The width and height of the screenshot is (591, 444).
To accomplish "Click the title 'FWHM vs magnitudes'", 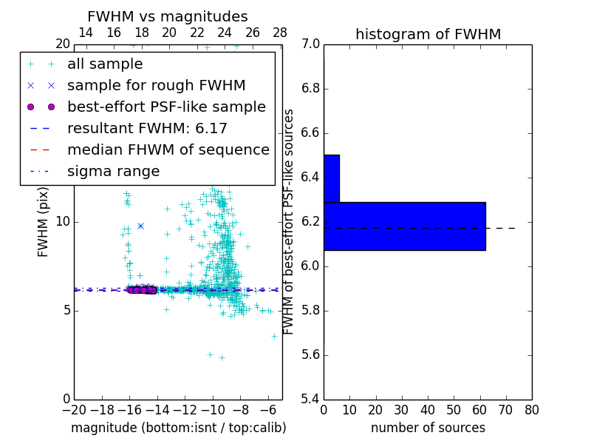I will (x=168, y=16).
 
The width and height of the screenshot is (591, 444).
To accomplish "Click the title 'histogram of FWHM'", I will (x=428, y=34).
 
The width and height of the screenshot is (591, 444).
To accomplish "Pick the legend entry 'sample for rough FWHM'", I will (x=156, y=86).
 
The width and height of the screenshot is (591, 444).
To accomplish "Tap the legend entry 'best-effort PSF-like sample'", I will (x=166, y=107).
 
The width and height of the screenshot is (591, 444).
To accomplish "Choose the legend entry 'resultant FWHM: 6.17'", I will (x=147, y=128).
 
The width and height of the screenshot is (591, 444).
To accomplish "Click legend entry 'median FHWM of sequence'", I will (x=168, y=149).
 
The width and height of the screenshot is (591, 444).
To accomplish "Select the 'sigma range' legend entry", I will (x=113, y=172).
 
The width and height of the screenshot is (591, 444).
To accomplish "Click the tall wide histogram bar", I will (x=404, y=226).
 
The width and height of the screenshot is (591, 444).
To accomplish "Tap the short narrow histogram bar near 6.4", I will (x=331, y=178).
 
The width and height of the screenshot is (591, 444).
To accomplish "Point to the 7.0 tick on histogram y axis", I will (x=311, y=44).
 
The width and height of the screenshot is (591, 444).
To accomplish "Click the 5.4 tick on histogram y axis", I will (x=311, y=399).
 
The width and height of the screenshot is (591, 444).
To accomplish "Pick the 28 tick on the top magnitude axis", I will (x=280, y=33).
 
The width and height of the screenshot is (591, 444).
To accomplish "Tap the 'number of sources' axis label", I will (x=428, y=428).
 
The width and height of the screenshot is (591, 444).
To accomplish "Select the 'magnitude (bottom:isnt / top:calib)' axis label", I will (x=178, y=428).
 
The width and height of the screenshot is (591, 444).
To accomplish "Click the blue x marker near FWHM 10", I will (x=140, y=226).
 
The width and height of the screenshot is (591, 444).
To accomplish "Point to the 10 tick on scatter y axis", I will (x=63, y=222).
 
